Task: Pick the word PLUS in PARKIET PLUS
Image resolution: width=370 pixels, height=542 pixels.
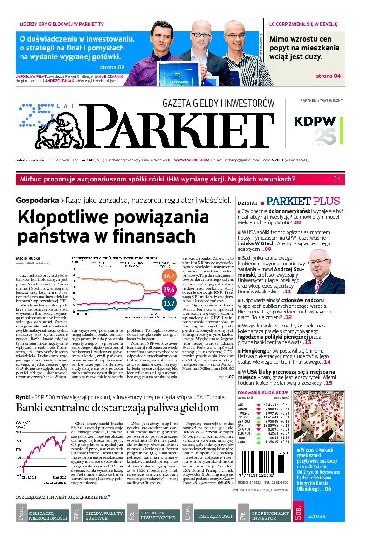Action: [326, 202]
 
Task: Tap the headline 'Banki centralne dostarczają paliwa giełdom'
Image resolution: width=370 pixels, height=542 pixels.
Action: [117, 408]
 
